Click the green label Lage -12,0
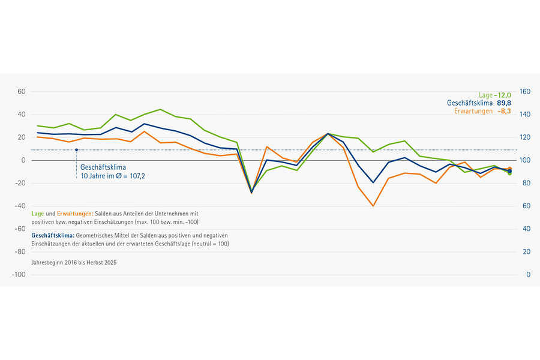(x=494, y=95)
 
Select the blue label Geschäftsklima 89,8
(x=479, y=103)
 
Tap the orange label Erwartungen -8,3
(x=482, y=112)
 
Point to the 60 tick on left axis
(x=22, y=92)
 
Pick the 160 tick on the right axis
(x=525, y=92)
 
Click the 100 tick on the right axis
(x=525, y=160)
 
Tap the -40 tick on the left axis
(x=20, y=206)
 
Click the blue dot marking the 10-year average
(x=76, y=149)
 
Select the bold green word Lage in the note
(x=38, y=214)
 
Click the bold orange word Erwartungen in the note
(x=74, y=214)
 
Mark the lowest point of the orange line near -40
(x=373, y=206)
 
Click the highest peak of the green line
(x=160, y=109)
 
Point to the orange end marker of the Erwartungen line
(x=509, y=169)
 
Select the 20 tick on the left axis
(x=22, y=137)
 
